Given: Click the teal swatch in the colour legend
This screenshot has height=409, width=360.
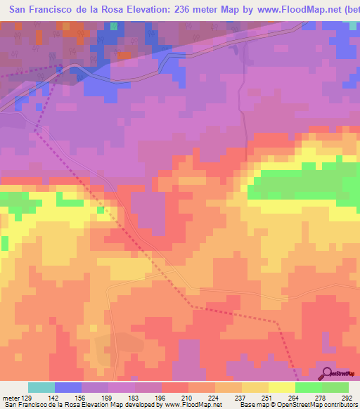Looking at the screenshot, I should click(41, 387).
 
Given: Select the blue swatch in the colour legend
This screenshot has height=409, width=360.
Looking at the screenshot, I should click(68, 387).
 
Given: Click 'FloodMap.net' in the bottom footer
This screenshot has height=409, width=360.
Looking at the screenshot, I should click(198, 405).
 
